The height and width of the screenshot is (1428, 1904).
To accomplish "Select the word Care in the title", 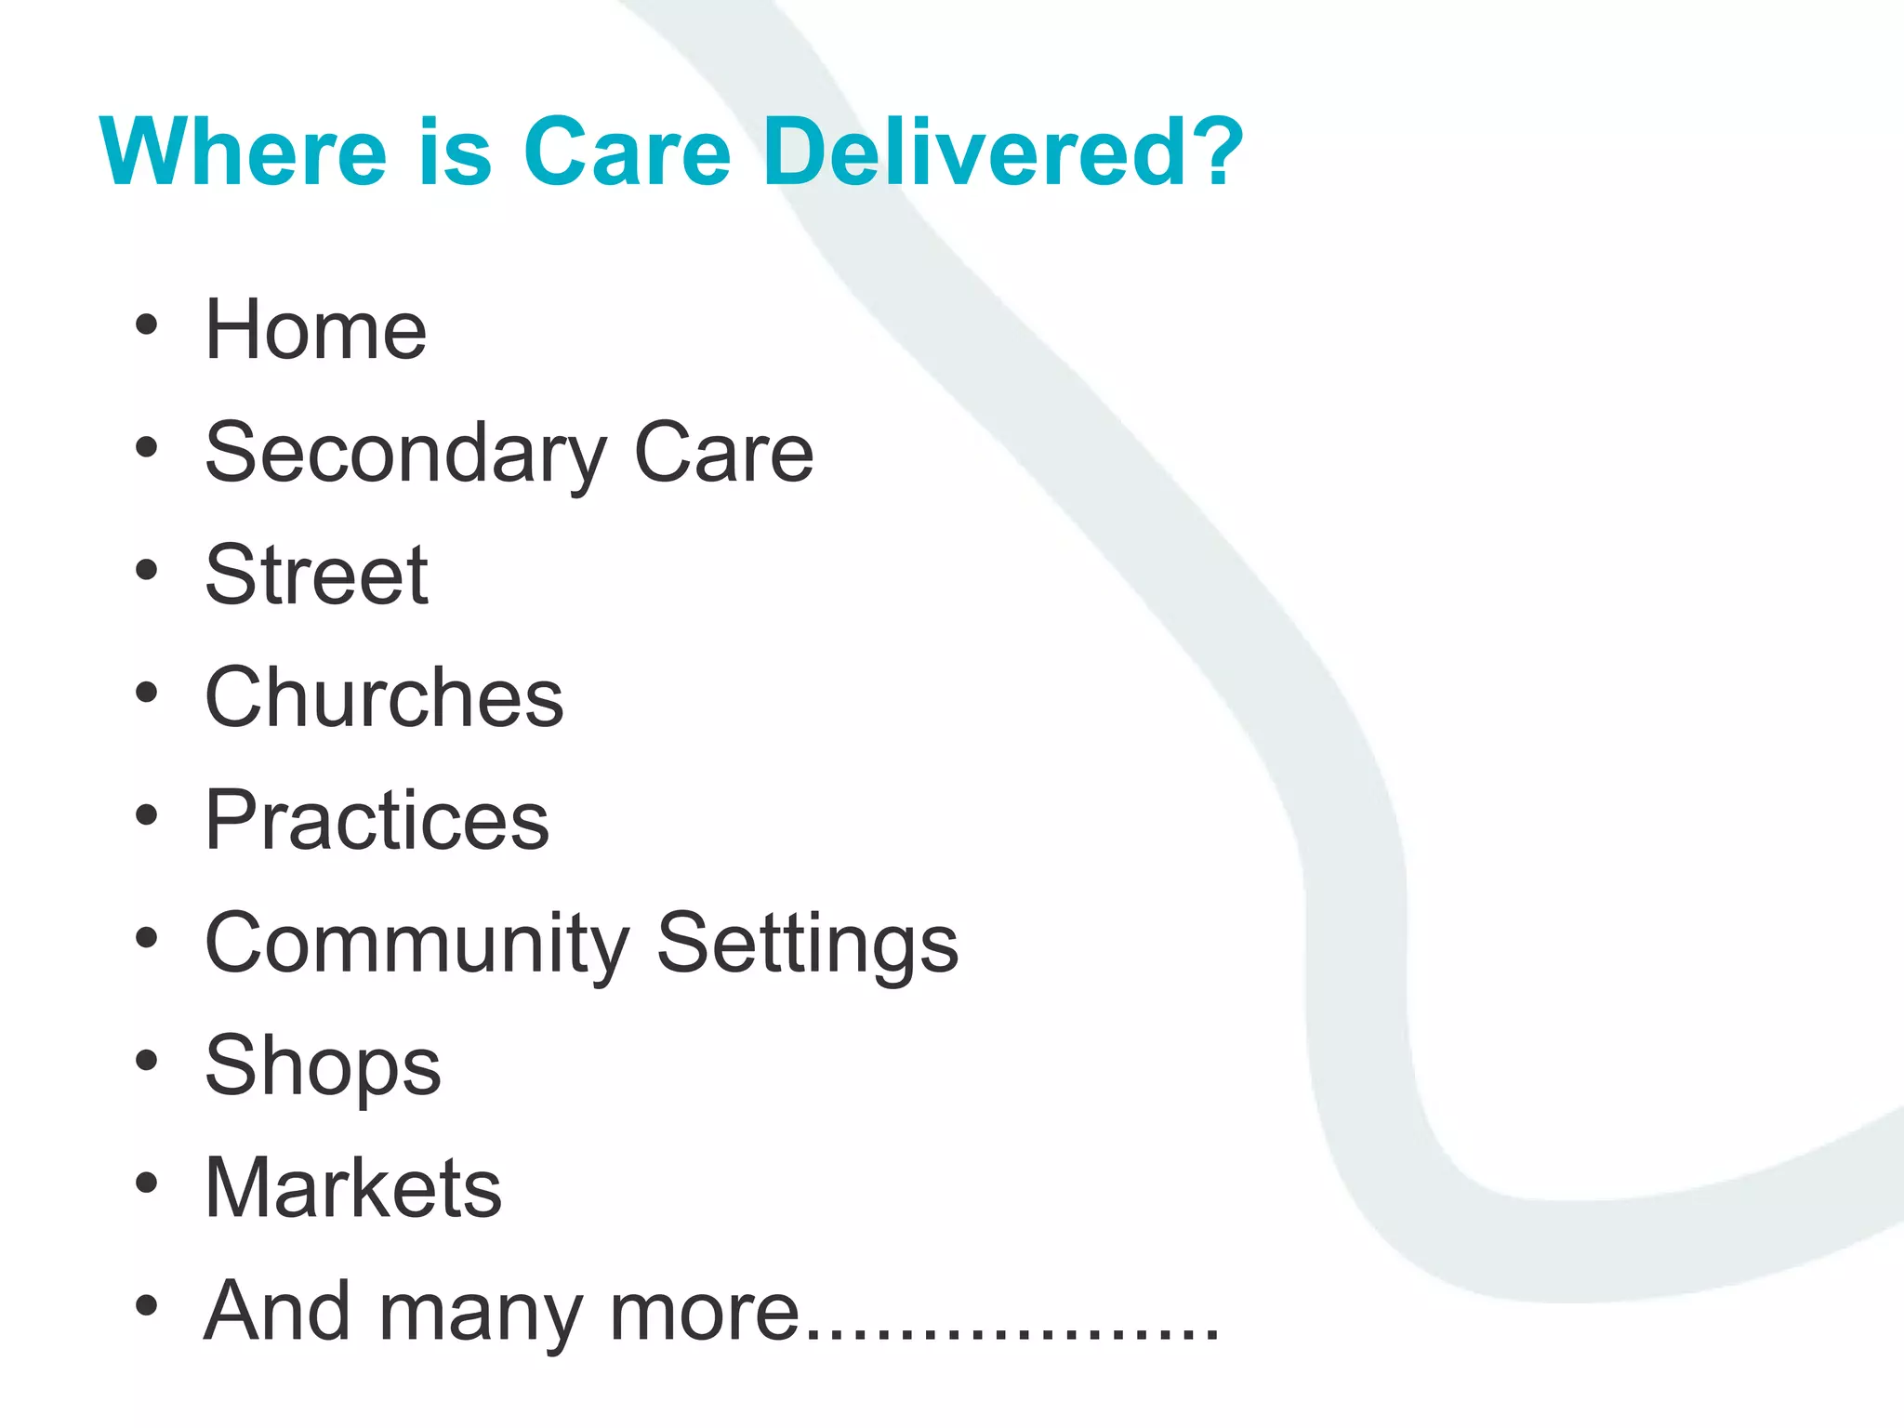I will coord(628,152).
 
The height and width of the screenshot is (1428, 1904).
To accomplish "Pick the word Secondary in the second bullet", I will coord(405,454).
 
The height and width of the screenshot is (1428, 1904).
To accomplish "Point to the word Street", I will coord(316,575).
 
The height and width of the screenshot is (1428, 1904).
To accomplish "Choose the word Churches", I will coord(384,698).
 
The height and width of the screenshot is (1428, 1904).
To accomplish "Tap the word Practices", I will coord(377,821).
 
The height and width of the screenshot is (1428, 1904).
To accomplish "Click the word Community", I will coord(416,944).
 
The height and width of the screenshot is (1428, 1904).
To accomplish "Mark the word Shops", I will coord(323,1066).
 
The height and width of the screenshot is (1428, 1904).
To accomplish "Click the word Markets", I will coord(353,1189).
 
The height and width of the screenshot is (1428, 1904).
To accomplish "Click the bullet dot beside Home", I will coord(146,325).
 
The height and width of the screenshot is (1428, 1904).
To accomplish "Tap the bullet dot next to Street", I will coord(146,570).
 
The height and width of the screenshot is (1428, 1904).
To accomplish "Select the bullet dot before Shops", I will coord(146,1061).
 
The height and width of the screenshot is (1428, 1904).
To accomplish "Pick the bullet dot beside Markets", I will coord(146,1183).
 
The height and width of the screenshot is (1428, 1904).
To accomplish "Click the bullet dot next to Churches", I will coord(146,693).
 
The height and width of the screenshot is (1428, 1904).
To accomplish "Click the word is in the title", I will coord(455,152).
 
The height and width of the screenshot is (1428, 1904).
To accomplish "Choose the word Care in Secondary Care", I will coord(723,454).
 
